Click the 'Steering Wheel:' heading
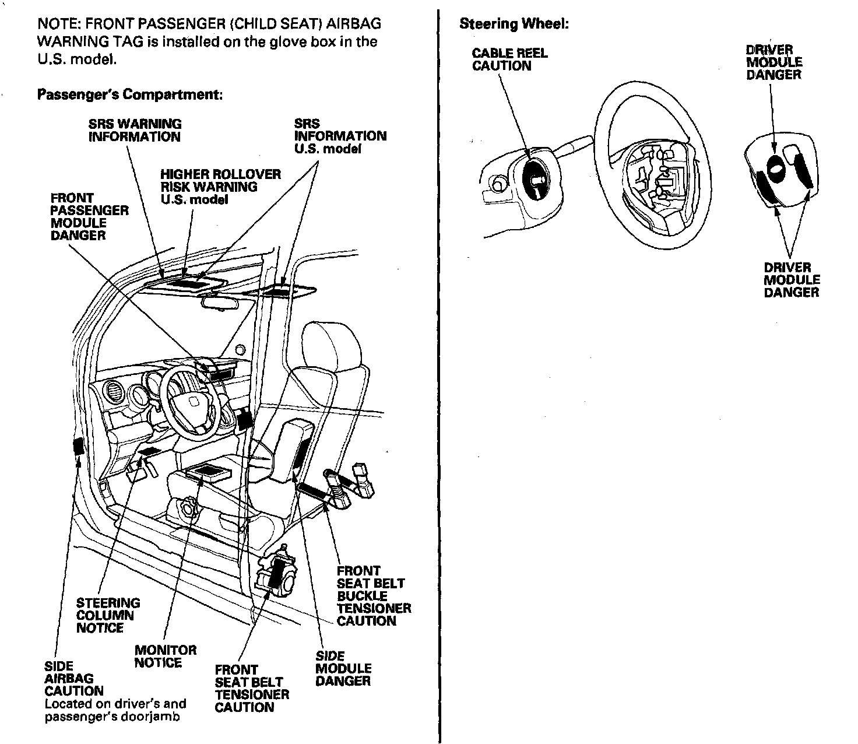coord(514,24)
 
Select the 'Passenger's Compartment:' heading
coord(129,94)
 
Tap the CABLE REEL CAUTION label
coord(509,59)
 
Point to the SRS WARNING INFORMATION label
coord(135,130)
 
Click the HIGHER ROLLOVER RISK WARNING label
coord(220,187)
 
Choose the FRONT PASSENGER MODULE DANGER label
coord(89,216)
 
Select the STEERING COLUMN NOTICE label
coord(108,615)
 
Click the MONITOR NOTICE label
coord(166,656)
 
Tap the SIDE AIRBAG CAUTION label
coord(74,678)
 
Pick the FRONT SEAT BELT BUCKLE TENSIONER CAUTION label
coord(374,595)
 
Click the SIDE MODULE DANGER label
coord(343,668)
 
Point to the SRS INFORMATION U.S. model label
coord(340,136)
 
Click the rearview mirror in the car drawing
coord(225,302)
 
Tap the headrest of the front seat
coord(325,344)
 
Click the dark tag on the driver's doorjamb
coord(78,446)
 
